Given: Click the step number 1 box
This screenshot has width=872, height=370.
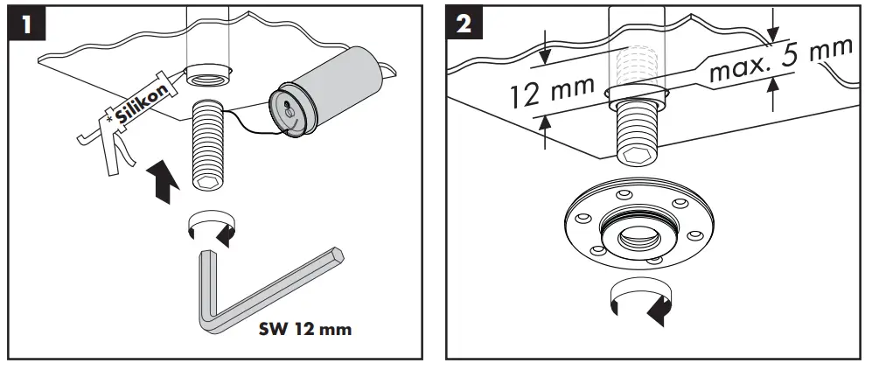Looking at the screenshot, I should pos(29,23).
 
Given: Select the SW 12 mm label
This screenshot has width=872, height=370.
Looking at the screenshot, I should pos(305,331).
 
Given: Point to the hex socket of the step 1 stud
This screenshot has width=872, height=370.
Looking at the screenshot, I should pos(209,182).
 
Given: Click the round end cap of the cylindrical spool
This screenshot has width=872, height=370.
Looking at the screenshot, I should pos(291,109).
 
